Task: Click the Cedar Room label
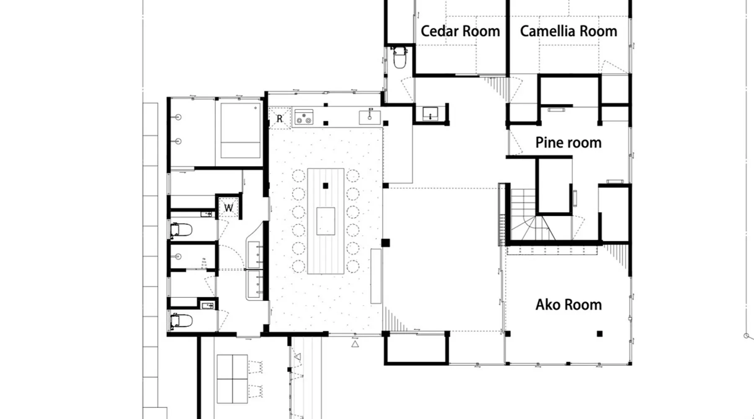460,31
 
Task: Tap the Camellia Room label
568,31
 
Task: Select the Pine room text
568,142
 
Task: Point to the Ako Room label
568,305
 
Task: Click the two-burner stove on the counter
304,117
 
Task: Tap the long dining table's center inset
325,221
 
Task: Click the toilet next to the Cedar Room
400,57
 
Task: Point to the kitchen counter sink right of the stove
370,117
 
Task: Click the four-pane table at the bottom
232,379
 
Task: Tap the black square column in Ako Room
600,334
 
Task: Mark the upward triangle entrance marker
355,344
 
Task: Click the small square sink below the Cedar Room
430,114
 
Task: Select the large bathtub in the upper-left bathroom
240,130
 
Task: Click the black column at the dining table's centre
325,186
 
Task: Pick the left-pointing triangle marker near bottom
297,357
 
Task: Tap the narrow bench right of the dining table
376,276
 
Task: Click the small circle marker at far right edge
746,336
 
